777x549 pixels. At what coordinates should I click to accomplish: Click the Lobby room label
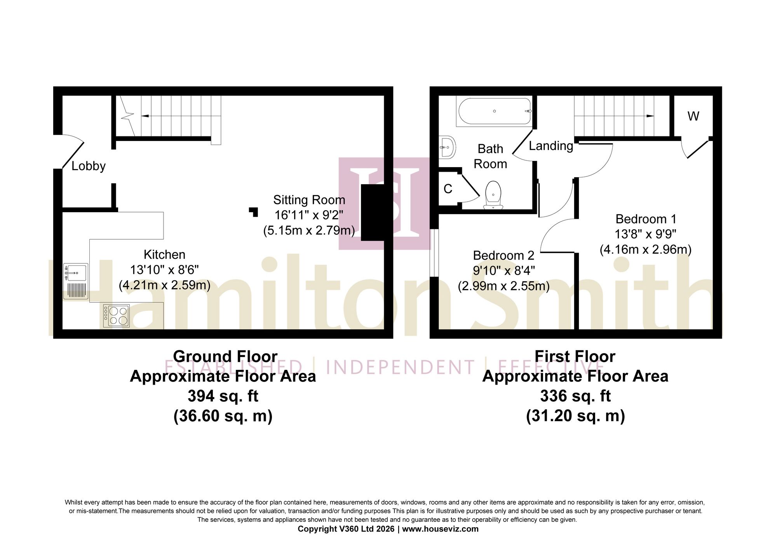[89, 166]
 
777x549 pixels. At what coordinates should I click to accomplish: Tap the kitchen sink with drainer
[76, 281]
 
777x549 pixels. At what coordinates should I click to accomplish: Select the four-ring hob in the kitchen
[116, 315]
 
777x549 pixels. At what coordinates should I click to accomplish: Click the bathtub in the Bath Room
[495, 111]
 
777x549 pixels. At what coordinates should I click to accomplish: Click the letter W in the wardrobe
[693, 116]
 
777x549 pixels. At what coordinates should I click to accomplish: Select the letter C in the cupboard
[448, 189]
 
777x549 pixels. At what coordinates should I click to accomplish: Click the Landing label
[551, 146]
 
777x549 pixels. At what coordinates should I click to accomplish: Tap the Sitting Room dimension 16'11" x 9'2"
[309, 215]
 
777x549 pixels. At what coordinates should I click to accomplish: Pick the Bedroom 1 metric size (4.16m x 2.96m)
[646, 249]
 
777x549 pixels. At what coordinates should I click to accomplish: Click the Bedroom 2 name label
[503, 256]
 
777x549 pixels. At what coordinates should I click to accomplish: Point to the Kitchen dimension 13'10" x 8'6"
[164, 270]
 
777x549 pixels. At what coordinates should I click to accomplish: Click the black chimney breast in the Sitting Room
[373, 213]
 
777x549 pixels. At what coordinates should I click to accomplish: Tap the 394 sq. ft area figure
[223, 396]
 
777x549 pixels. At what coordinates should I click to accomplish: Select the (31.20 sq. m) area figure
[575, 416]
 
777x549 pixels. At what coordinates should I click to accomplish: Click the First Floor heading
[575, 356]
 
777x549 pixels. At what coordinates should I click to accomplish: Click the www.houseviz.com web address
[440, 529]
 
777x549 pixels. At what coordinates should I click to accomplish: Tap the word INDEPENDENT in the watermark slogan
[400, 368]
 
